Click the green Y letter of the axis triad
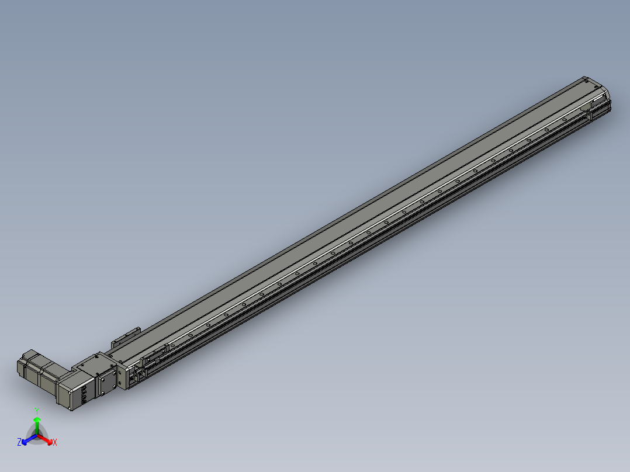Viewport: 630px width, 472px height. (x=36, y=410)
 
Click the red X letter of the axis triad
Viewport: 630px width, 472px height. (x=55, y=443)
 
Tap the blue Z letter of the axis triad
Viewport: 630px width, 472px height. (x=19, y=442)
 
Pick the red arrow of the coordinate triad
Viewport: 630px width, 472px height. (x=48, y=440)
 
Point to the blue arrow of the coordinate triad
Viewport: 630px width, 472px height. (x=26, y=440)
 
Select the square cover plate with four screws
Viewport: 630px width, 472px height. (x=107, y=383)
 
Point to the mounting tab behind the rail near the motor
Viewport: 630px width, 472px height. (x=126, y=335)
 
